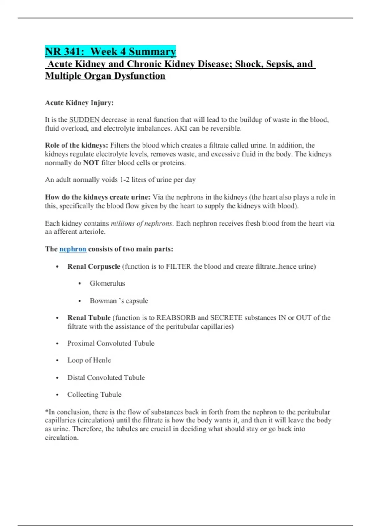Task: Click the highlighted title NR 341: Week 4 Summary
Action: (110, 51)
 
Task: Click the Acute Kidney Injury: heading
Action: (79, 103)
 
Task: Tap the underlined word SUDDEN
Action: (84, 120)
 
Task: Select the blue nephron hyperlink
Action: (73, 249)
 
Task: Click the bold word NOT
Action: (91, 163)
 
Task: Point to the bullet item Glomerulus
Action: (107, 283)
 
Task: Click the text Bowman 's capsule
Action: (119, 301)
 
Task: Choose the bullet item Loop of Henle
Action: (89, 360)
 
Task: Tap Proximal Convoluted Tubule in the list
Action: (111, 343)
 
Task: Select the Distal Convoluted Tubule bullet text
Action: (106, 377)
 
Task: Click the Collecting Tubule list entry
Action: (94, 394)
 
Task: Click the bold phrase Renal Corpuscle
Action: (94, 266)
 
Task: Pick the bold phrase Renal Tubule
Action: (89, 318)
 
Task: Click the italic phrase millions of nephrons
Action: (141, 223)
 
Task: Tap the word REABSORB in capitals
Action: (176, 318)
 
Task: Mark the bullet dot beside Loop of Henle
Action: (58, 360)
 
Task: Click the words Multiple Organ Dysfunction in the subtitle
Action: (105, 76)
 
